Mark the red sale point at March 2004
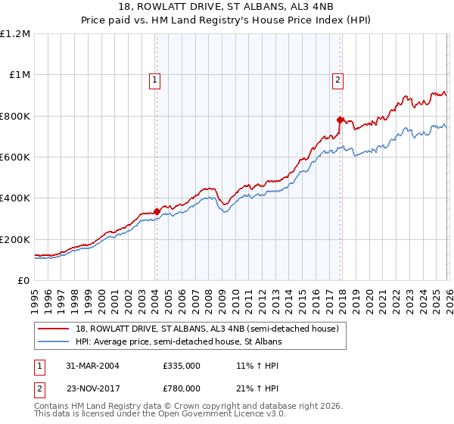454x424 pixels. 157,211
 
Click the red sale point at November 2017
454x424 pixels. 340,120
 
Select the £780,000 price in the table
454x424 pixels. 182,388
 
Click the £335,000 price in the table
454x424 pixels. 182,365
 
